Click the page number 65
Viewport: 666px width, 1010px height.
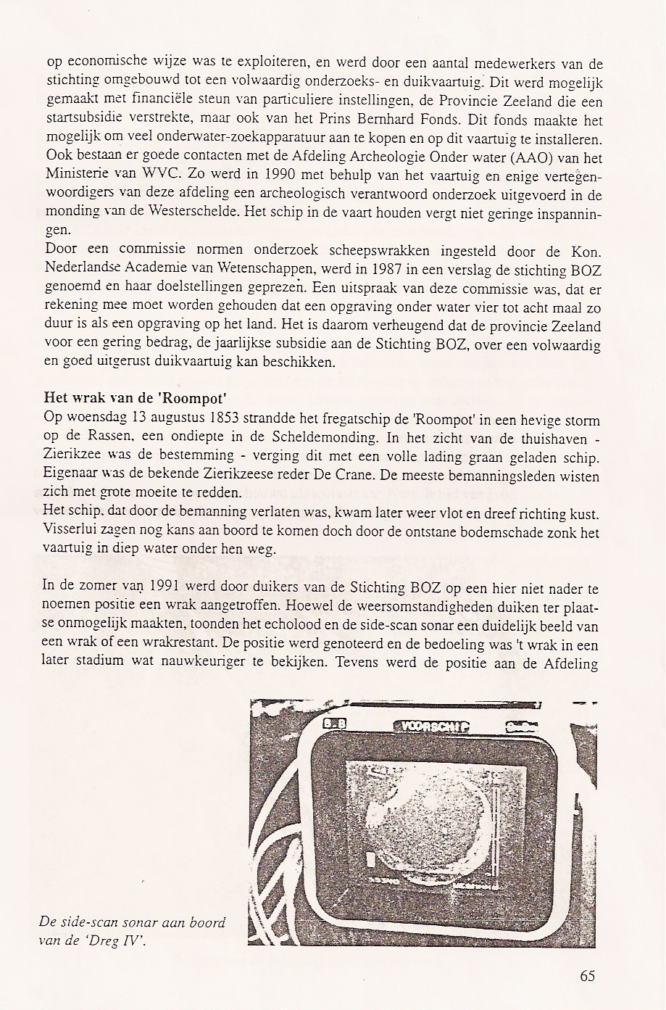click(x=588, y=975)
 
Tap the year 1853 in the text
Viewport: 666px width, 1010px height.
click(x=231, y=419)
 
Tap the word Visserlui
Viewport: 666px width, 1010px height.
click(x=72, y=532)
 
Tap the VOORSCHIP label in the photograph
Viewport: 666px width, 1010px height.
click(x=431, y=727)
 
